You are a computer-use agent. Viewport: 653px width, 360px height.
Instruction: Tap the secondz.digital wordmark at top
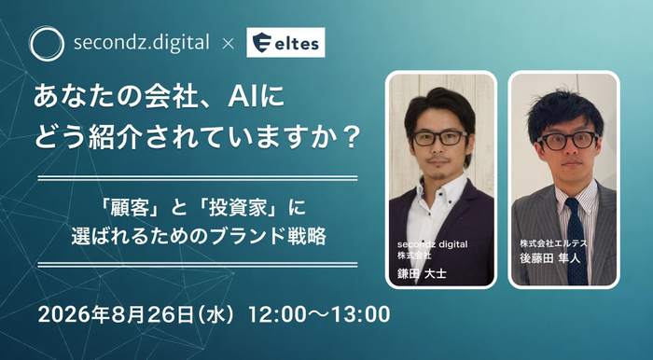(141, 43)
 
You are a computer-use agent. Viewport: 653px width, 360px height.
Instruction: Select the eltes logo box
(285, 43)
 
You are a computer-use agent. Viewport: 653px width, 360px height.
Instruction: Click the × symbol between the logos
(228, 44)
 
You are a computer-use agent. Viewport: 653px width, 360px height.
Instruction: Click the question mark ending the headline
(350, 137)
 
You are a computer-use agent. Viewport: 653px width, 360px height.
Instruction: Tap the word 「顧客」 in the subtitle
(130, 208)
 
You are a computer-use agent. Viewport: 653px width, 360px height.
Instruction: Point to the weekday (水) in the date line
(216, 315)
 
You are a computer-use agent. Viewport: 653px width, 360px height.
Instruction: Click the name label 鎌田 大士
(422, 273)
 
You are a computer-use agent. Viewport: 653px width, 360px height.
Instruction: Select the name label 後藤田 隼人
(549, 258)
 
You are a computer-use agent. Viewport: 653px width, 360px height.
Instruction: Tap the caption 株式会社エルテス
(553, 243)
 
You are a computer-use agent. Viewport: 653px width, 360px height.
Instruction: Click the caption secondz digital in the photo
(432, 243)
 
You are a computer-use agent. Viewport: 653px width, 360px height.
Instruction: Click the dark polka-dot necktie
(577, 241)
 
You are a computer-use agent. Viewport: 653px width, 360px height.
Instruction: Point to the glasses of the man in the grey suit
(568, 141)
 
